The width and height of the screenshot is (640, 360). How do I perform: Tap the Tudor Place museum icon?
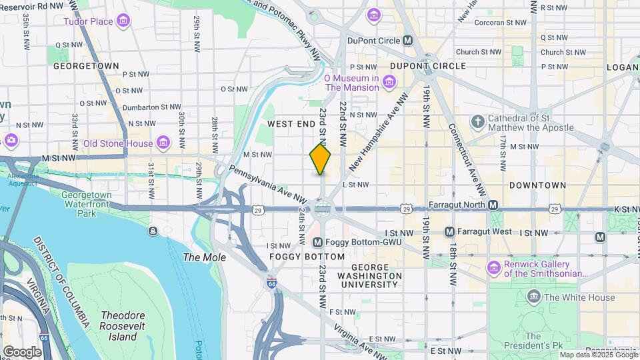tap(123, 22)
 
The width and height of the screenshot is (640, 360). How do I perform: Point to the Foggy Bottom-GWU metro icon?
tap(317, 242)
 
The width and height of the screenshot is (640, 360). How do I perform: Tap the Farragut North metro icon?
tap(493, 205)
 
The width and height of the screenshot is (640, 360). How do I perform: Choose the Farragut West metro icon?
tap(450, 232)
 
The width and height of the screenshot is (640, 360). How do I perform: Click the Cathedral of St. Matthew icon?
tap(477, 122)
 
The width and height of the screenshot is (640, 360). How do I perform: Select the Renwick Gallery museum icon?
tap(493, 268)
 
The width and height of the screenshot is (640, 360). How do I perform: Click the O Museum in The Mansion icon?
tap(389, 83)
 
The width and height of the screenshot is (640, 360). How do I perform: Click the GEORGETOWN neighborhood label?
tap(86, 66)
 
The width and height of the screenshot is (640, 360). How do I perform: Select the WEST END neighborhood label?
tap(291, 125)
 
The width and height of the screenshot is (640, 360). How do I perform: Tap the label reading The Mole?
tap(205, 257)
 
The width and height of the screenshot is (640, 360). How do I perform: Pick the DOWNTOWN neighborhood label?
tap(537, 185)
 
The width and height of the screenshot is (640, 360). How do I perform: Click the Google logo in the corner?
tap(22, 351)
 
